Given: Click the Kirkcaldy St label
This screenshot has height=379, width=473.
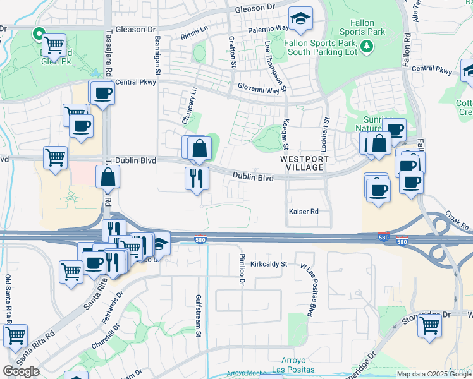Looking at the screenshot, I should click(268, 264).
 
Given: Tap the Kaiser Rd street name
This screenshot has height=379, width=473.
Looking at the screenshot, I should click(303, 212).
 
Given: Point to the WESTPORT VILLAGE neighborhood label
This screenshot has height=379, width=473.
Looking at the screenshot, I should click(304, 164).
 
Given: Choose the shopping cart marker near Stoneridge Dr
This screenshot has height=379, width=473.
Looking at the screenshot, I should click(429, 326).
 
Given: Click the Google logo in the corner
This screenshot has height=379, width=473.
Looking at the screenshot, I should click(21, 371).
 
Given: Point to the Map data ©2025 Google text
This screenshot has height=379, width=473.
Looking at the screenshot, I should click(433, 374).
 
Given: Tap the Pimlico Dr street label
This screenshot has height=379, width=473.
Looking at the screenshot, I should click(241, 270).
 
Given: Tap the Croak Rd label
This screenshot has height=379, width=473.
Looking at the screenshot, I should click(459, 221).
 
